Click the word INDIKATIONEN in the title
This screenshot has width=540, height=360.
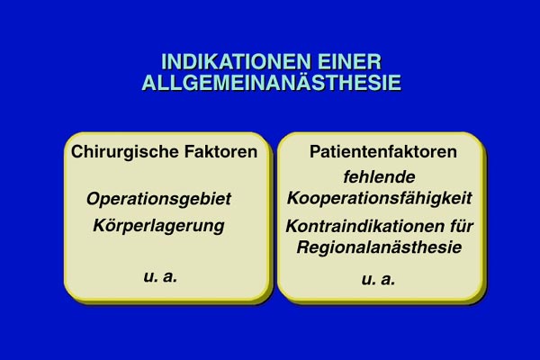tap(236, 62)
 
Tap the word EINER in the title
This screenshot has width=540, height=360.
tap(349, 62)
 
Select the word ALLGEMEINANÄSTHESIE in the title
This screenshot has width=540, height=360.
tap(272, 82)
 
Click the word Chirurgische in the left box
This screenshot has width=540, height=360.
tap(125, 152)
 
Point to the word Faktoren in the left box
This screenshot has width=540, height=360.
tap(220, 151)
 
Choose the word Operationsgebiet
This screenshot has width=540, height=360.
tap(158, 199)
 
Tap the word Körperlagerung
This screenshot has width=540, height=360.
tap(158, 226)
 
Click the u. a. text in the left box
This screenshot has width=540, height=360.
tap(160, 276)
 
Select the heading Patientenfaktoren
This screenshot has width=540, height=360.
tap(383, 151)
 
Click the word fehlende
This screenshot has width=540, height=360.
tap(379, 177)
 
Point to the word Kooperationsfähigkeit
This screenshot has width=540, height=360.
tap(380, 199)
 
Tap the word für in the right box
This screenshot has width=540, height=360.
tap(462, 226)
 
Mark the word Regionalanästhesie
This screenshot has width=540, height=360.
tap(379, 247)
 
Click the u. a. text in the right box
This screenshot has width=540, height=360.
tap(378, 279)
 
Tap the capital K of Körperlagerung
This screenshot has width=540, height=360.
tap(100, 226)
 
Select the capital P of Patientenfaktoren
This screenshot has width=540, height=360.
tap(315, 151)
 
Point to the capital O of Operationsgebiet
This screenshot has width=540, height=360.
tap(94, 199)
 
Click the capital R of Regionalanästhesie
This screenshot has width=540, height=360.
tap(303, 247)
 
